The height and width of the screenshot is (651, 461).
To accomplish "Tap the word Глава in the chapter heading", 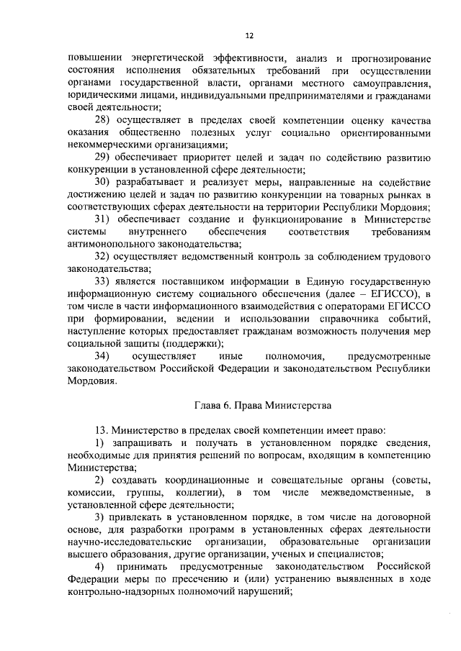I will coord(209,404).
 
